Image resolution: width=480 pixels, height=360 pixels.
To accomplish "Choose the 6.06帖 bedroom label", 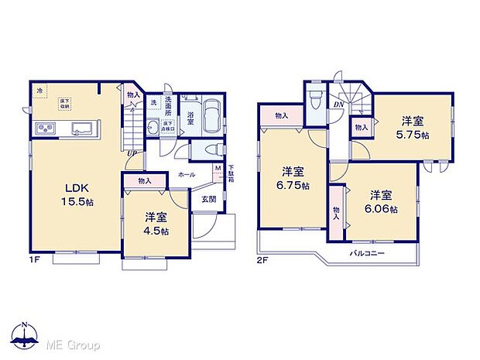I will [x=382, y=202].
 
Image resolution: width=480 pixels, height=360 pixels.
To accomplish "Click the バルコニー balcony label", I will [x=365, y=253].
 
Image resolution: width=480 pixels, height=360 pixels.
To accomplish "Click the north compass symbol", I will [x=26, y=334].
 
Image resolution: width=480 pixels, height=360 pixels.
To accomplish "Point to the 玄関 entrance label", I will [x=209, y=199].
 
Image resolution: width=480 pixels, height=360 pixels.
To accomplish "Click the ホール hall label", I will [x=186, y=175].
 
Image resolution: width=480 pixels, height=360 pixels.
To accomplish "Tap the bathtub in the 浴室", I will [x=211, y=116].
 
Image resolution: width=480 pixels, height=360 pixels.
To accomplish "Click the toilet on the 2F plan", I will [x=314, y=101].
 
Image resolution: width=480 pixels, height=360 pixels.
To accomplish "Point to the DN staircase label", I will [x=339, y=105].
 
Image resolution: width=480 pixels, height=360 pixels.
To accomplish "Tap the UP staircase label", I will [x=132, y=152].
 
